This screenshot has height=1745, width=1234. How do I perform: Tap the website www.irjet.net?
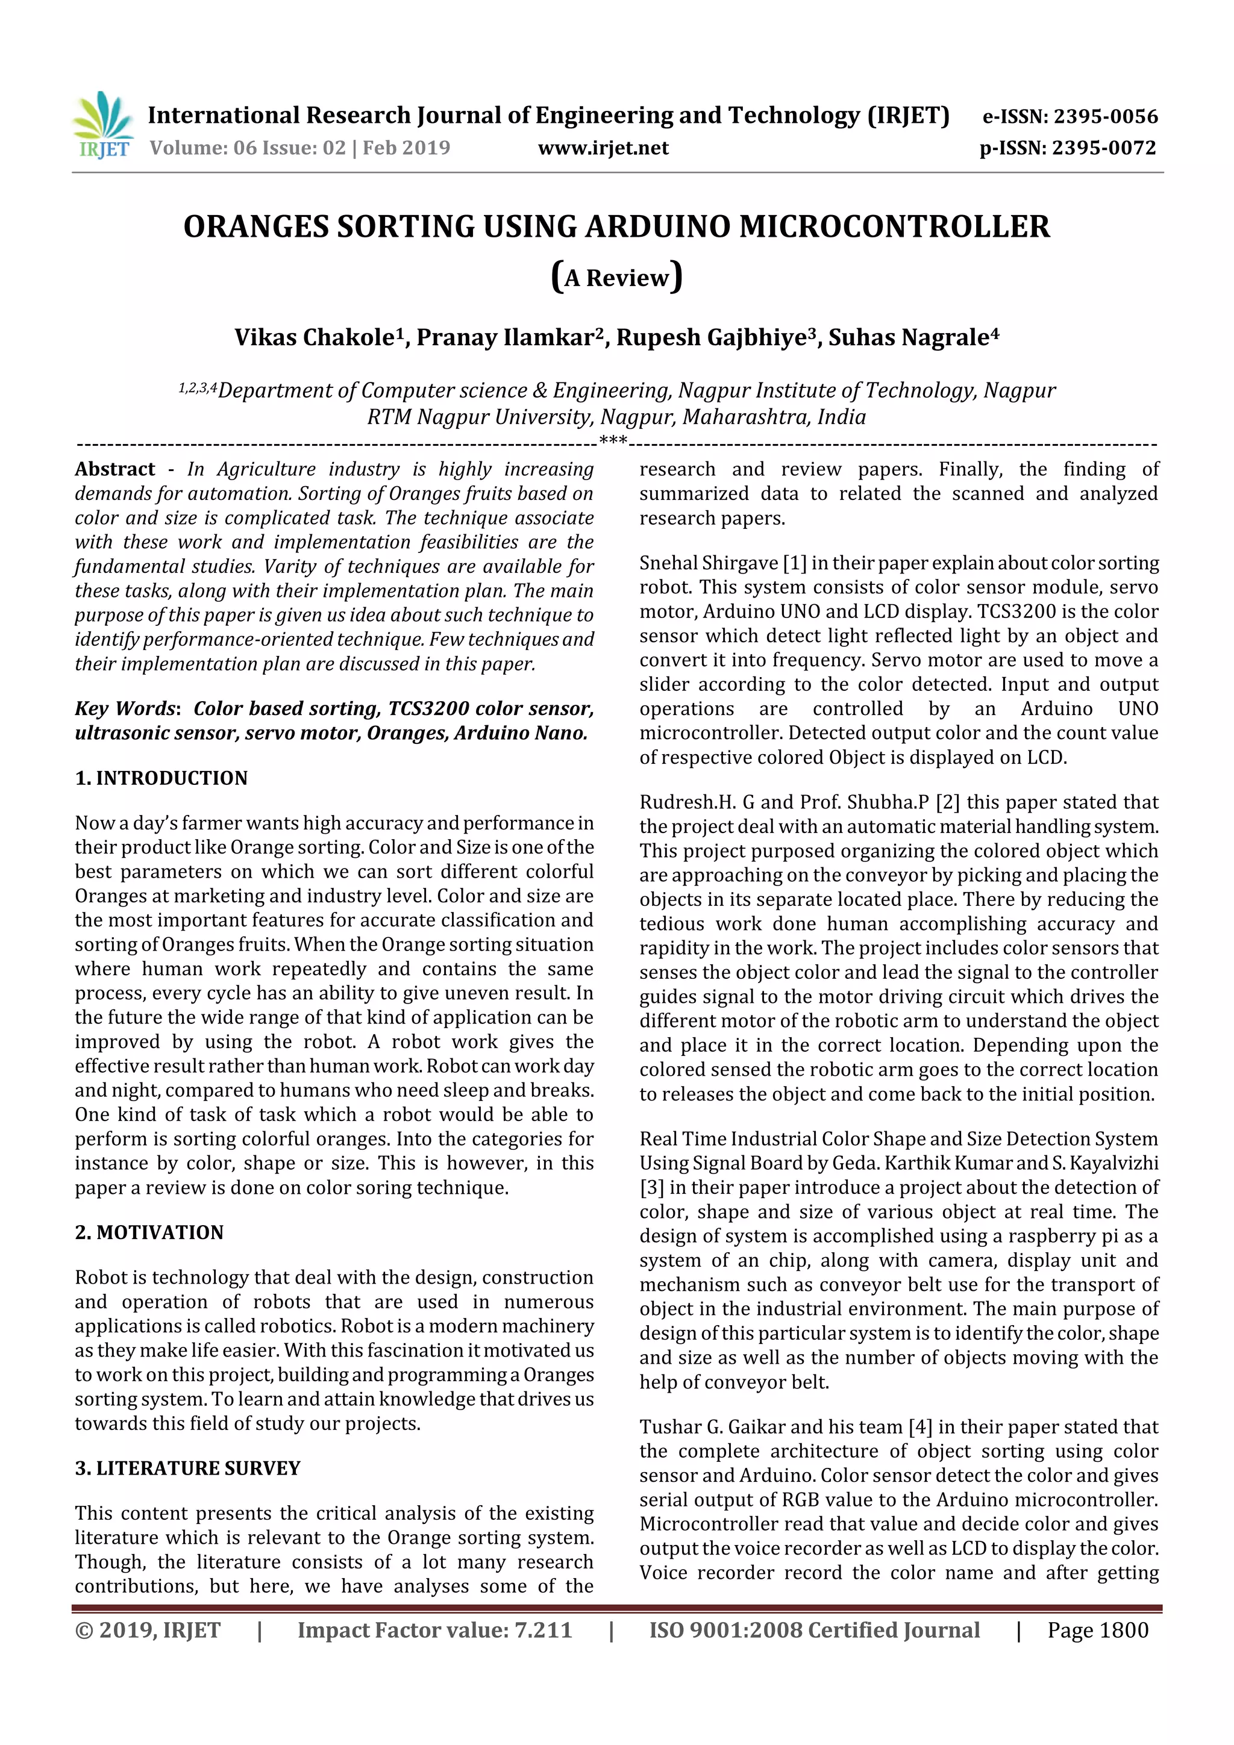pyautogui.click(x=603, y=148)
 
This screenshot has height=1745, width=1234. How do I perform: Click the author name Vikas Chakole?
pyautogui.click(x=314, y=337)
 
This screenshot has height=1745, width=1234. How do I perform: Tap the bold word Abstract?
pyautogui.click(x=115, y=469)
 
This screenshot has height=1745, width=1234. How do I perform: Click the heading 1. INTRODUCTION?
pyautogui.click(x=161, y=778)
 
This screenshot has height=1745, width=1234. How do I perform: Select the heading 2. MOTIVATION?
pyautogui.click(x=149, y=1233)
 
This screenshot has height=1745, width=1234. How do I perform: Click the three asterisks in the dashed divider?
pyautogui.click(x=613, y=440)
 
